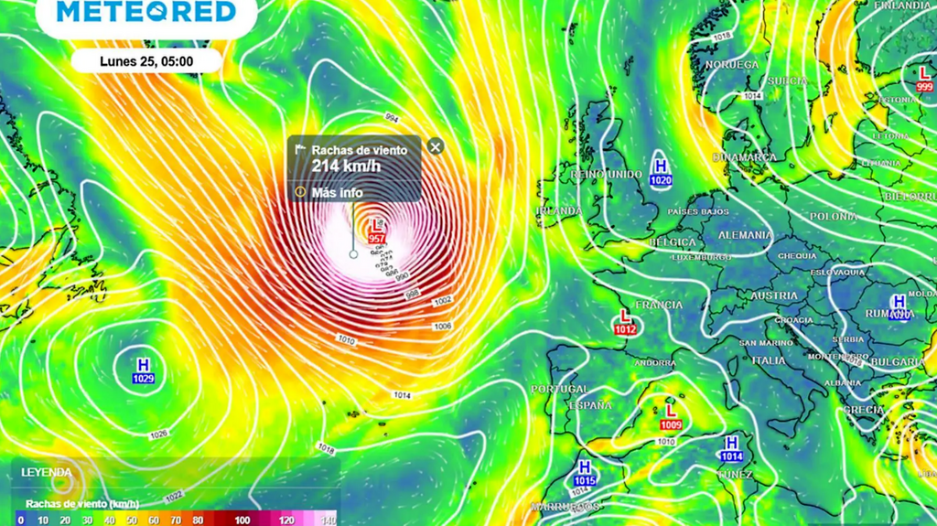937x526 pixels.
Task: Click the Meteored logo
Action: [x=146, y=12]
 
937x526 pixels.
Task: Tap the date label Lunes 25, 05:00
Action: [x=146, y=61]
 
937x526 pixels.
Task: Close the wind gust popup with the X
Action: [x=436, y=146]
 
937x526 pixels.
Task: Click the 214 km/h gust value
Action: [x=346, y=166]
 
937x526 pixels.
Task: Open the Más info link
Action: [x=337, y=192]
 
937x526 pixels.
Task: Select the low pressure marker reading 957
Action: [x=376, y=231]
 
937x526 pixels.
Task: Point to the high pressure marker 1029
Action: [x=143, y=370]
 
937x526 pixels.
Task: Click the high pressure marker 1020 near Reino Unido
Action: [x=661, y=173]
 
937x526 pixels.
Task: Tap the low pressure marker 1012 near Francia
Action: [x=626, y=322]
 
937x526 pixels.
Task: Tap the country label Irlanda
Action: [x=559, y=211]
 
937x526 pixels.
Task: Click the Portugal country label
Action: [x=559, y=389]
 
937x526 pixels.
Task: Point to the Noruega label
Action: [x=732, y=65]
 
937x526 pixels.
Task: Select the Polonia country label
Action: [x=834, y=216]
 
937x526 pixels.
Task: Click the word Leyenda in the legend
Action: [x=47, y=472]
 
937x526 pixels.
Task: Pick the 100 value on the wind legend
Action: [x=242, y=520]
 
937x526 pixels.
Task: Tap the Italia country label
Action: [x=769, y=360]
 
